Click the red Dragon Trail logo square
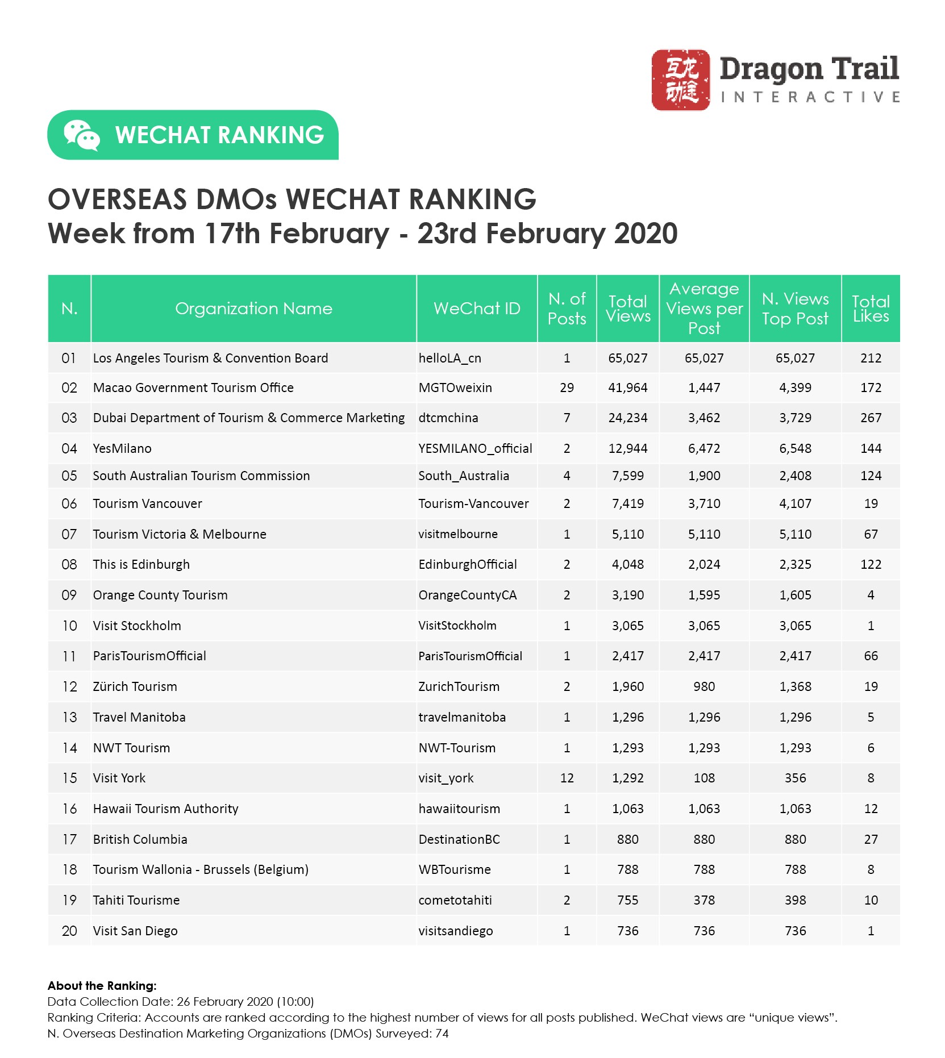tap(680, 80)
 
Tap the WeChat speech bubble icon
tap(81, 135)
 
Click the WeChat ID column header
tap(477, 309)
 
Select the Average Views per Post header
tap(704, 309)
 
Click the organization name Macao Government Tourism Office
tap(193, 388)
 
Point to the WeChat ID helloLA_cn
tap(449, 358)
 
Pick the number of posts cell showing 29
tap(567, 388)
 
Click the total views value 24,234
tap(627, 418)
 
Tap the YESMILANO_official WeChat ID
tap(475, 448)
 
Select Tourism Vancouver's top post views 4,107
tap(795, 503)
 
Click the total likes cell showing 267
tap(871, 418)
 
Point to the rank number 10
tap(69, 626)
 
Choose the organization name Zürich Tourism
tap(135, 686)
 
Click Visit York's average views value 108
tap(704, 778)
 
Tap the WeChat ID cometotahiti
tap(455, 900)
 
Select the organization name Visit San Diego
tap(135, 931)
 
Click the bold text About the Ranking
tap(102, 986)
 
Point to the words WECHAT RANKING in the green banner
tap(219, 135)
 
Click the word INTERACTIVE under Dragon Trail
tap(810, 97)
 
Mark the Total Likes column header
tap(871, 309)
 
